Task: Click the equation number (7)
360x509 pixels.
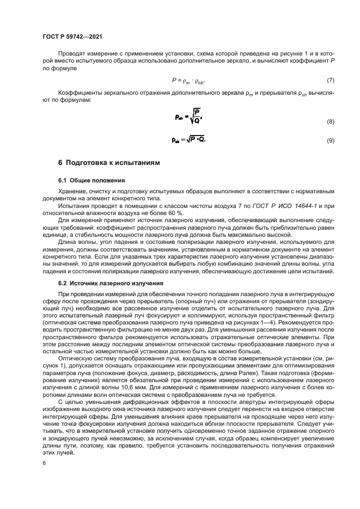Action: click(x=330, y=80)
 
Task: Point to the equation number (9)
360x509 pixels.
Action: click(x=330, y=141)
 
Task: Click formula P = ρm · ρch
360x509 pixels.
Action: click(x=189, y=80)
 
